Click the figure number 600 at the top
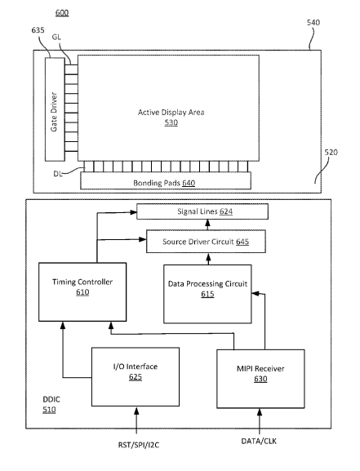pos(62,12)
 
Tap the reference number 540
pos(313,22)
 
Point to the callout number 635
pos(38,30)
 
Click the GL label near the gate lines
pos(56,37)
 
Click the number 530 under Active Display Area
pos(171,122)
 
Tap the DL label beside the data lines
pos(58,174)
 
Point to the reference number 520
pos(331,153)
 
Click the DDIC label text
pos(51,399)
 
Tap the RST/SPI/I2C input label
pos(139,445)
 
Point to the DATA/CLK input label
pos(259,441)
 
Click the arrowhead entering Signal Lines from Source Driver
pos(207,223)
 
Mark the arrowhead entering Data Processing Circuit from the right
pos(256,293)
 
